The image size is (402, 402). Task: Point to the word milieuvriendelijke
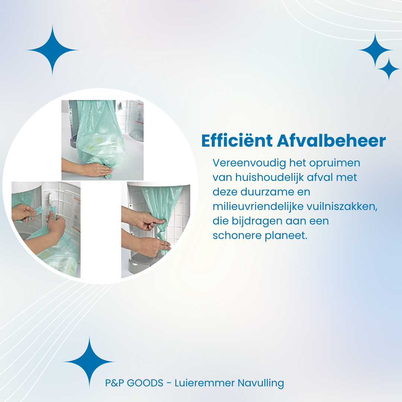click(258, 206)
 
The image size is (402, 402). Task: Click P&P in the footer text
click(114, 383)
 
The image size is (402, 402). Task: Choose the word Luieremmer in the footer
click(205, 383)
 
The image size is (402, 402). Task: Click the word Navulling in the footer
click(261, 383)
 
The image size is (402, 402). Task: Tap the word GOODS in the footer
click(145, 383)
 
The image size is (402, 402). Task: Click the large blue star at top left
click(52, 50)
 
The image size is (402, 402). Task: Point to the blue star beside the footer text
click(89, 362)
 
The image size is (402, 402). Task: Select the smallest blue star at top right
click(389, 69)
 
